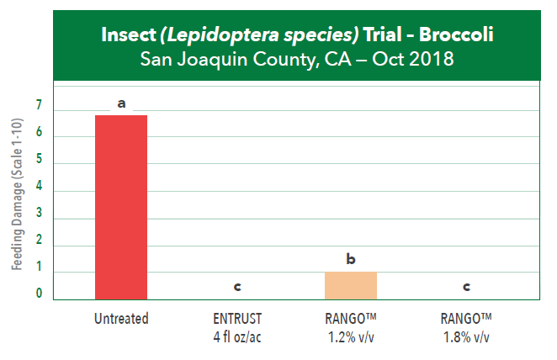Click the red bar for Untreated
(121, 207)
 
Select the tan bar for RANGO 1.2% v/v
(351, 286)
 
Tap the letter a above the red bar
(121, 103)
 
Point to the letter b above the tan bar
(351, 259)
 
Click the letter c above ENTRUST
(236, 287)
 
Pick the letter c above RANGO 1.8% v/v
(465, 287)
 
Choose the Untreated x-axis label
(122, 319)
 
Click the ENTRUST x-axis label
(236, 319)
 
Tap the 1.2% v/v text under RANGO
(351, 337)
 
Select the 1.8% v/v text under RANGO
(465, 337)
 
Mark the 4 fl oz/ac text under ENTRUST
(236, 337)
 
